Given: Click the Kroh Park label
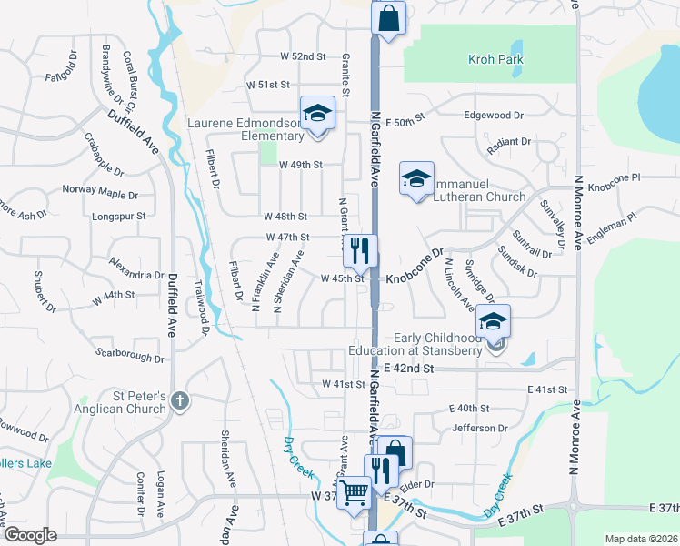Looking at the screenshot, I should (495, 60).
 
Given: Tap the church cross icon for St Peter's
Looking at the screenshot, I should (180, 401).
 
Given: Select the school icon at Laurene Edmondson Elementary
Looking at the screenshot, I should (317, 115).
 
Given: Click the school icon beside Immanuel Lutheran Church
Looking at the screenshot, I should (416, 179).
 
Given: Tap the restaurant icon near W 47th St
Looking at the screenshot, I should (362, 248).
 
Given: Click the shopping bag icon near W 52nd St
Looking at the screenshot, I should (388, 18).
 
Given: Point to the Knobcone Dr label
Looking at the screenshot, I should (414, 265).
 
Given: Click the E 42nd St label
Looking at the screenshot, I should (411, 369).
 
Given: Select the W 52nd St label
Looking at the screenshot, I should (303, 56).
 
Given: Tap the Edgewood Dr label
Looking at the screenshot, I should (495, 116).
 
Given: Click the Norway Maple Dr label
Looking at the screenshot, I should (100, 193).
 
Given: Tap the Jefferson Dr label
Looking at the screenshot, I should (483, 427).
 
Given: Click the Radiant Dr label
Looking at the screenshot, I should (508, 142).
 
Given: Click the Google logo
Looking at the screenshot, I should (30, 535).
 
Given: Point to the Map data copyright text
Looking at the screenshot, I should (641, 539).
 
